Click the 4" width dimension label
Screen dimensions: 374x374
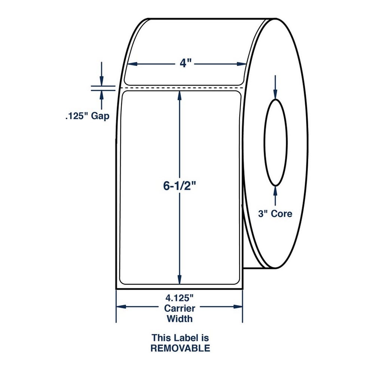(x=185, y=64)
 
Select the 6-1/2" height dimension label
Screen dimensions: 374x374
(x=180, y=186)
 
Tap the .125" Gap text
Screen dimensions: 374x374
(x=87, y=116)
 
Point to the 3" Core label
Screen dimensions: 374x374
(x=275, y=214)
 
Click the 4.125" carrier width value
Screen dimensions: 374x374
(x=179, y=298)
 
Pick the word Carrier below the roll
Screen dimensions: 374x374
(x=180, y=308)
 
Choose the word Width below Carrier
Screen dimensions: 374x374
(x=180, y=319)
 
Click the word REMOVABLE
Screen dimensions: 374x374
(x=180, y=348)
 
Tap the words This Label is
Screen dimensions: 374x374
(x=180, y=338)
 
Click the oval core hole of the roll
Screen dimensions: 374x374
(x=264, y=142)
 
